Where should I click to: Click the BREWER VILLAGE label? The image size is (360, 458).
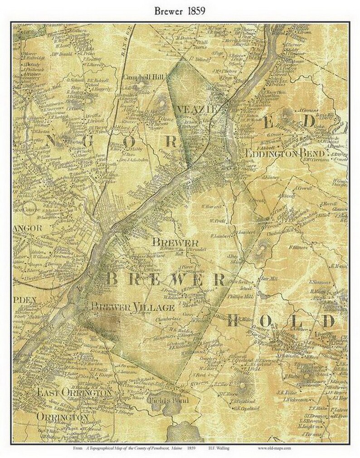pyautogui.click(x=132, y=307)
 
